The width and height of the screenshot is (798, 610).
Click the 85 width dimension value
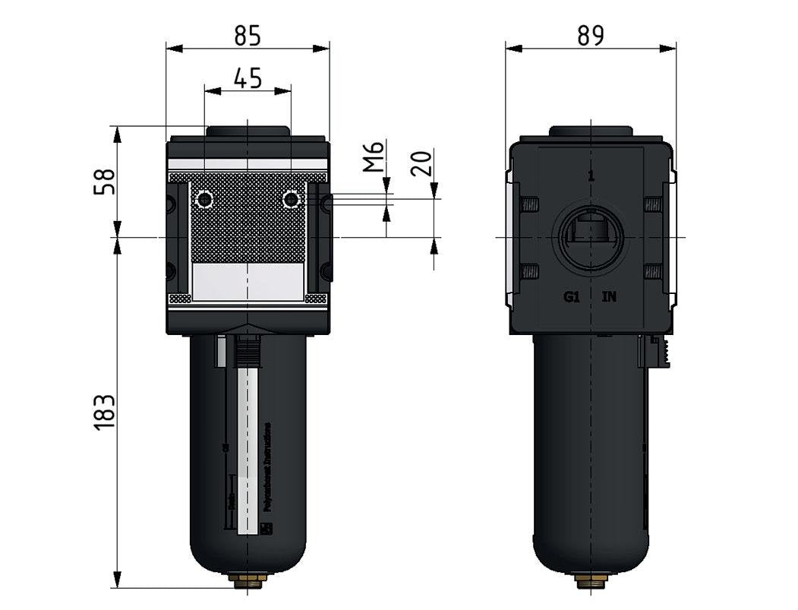248,35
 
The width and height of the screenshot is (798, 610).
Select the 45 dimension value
248,77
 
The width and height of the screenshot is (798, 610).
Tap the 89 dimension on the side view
590,35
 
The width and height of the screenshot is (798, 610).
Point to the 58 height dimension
104,182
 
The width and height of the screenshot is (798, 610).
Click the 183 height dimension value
104,412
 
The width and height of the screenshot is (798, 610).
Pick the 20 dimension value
422,163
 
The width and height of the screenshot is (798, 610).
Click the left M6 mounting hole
204,200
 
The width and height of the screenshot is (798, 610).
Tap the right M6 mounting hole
290,200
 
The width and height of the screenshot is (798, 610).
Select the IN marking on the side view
609,297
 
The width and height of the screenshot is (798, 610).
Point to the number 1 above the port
591,176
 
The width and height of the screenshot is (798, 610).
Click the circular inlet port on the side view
591,236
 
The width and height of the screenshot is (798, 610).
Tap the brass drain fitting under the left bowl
248,580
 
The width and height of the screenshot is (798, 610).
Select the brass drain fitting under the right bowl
591,581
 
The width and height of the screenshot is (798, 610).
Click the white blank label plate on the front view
248,282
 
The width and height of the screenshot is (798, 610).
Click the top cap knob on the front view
248,131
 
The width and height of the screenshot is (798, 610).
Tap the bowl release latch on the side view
658,352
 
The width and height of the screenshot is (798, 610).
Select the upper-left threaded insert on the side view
529,204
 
